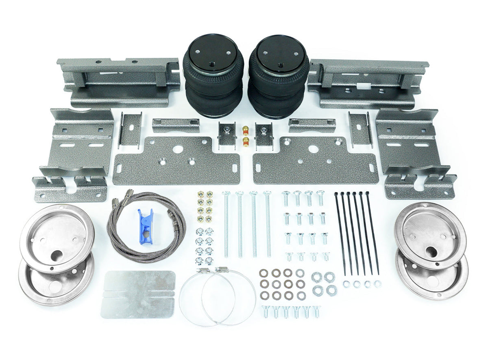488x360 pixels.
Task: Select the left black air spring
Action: pyautogui.click(x=213, y=77)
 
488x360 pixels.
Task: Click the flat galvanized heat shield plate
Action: pyautogui.click(x=138, y=294)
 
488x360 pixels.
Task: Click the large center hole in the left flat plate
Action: pyautogui.click(x=177, y=149)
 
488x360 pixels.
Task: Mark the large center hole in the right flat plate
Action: pyautogui.click(x=313, y=149)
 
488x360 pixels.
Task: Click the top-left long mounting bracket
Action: pyautogui.click(x=118, y=81)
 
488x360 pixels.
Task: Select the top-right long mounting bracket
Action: pyautogui.click(x=368, y=83)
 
